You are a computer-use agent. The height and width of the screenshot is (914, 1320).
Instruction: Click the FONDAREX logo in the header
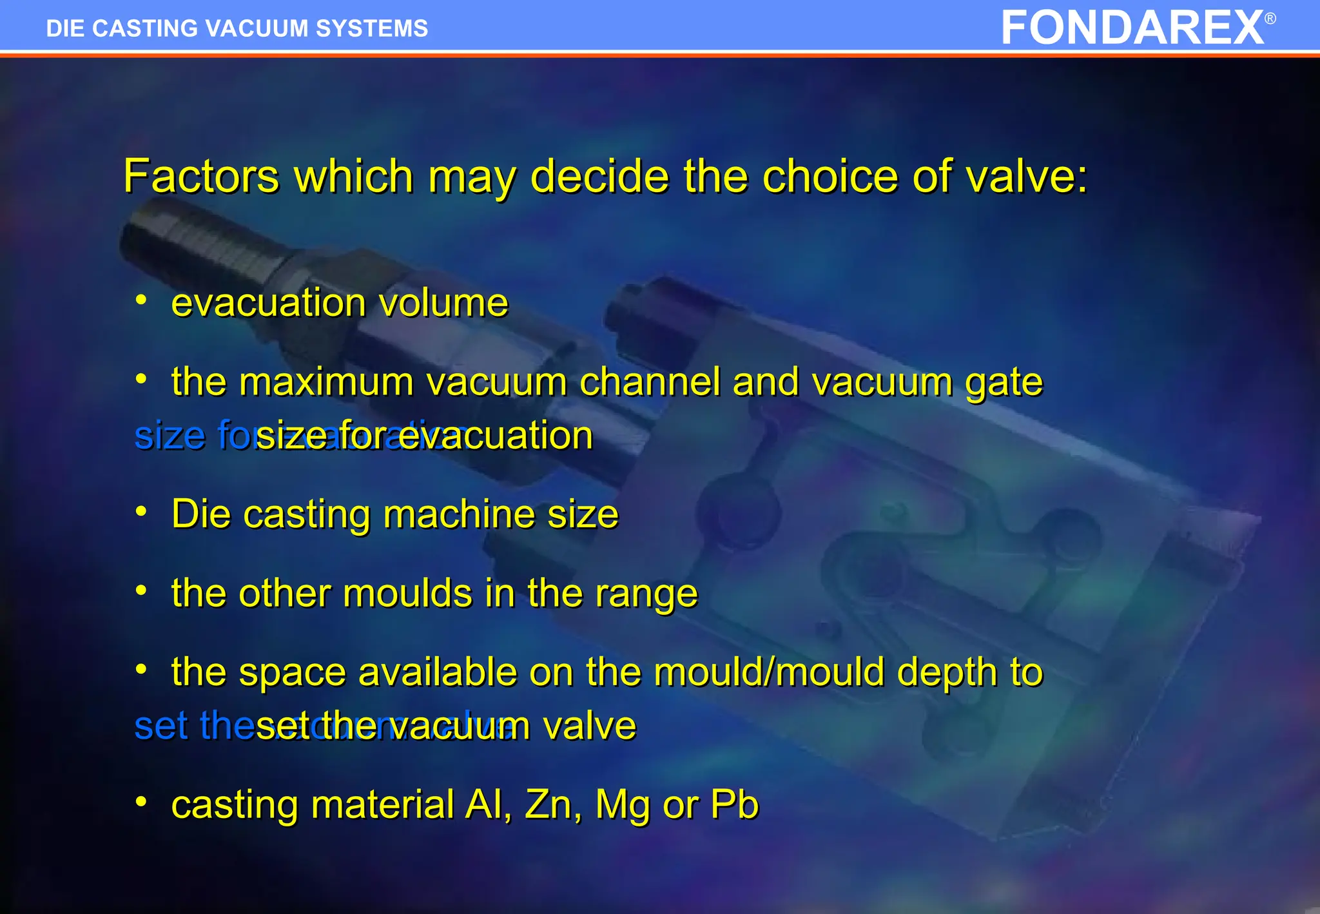click(1132, 28)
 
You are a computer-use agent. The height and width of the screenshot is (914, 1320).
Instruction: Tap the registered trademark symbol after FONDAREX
click(1270, 19)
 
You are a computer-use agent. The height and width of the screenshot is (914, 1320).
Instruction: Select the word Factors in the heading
click(201, 176)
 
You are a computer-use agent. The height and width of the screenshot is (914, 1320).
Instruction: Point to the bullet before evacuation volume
click(141, 300)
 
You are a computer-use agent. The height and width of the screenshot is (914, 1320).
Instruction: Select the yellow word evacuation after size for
click(495, 435)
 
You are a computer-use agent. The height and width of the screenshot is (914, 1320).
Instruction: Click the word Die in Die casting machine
click(201, 514)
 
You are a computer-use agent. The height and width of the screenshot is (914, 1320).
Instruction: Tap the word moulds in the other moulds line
click(407, 593)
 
